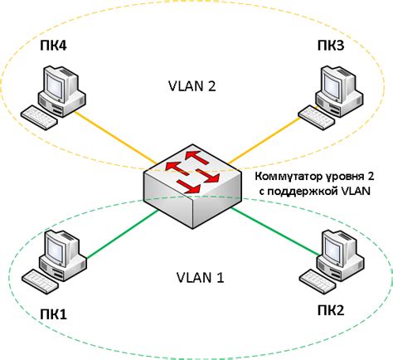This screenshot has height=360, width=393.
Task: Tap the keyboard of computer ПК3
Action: coord(314,115)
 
